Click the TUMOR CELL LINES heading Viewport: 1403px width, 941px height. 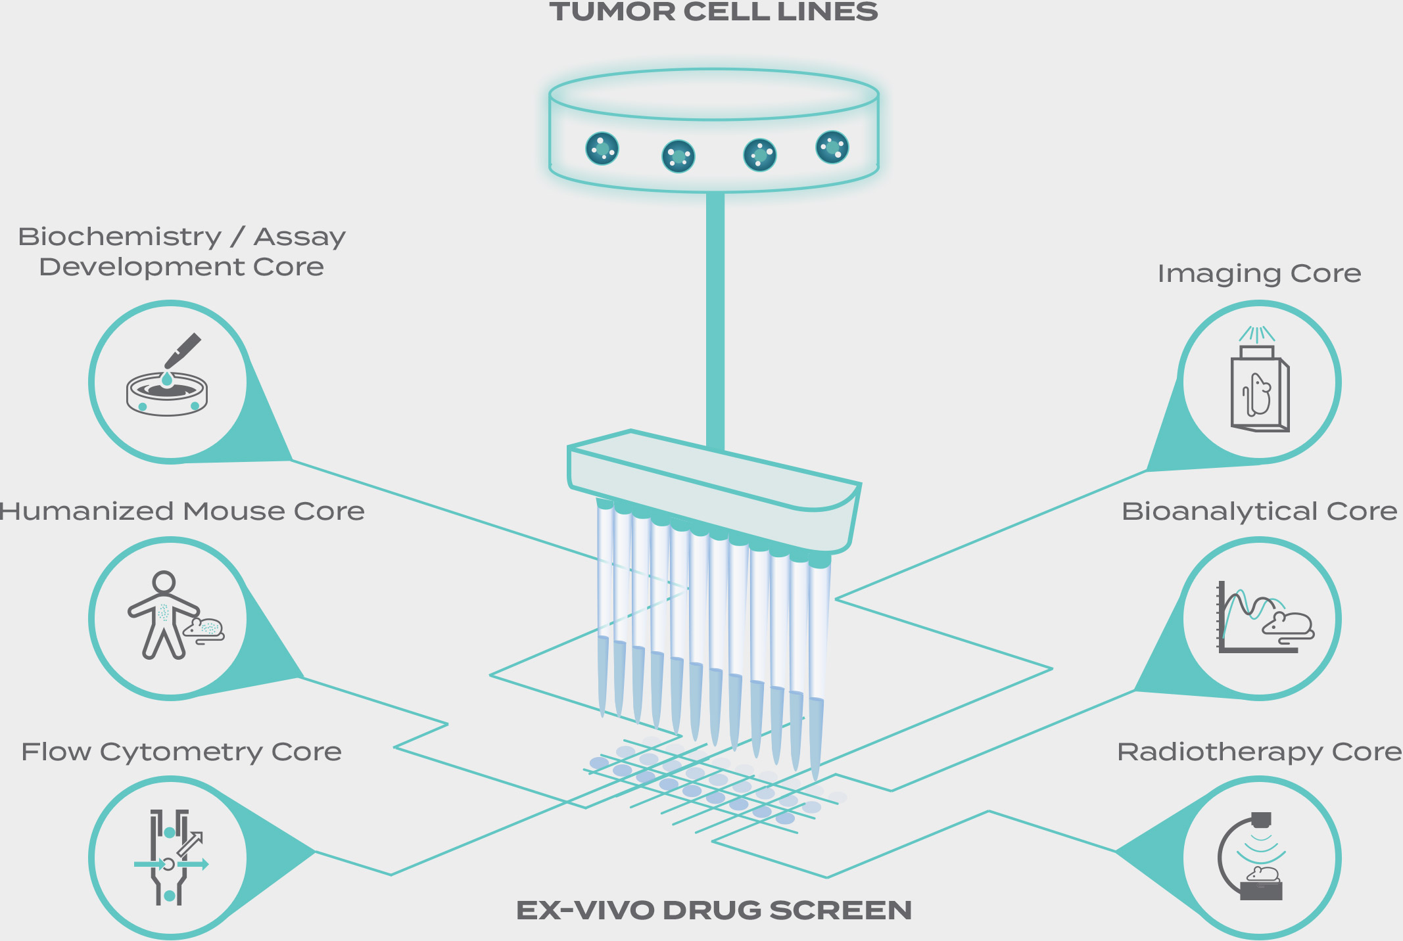coord(713,12)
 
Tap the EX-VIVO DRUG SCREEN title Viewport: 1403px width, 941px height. coord(714,910)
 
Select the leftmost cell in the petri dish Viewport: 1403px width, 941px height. coord(602,149)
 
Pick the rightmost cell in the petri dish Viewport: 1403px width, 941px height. coord(832,147)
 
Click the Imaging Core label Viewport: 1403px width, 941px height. coord(1259,273)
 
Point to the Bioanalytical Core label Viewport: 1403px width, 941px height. coord(1259,511)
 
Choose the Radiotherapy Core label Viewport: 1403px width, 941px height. coord(1259,752)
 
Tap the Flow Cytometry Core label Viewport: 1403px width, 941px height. coord(181,752)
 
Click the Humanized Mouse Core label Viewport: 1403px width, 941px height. coord(182,511)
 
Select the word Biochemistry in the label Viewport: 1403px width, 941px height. coord(120,237)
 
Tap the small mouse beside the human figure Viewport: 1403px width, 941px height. coord(205,630)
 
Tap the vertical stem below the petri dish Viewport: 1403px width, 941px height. coord(715,315)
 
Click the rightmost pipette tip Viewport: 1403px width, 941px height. coord(817,736)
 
